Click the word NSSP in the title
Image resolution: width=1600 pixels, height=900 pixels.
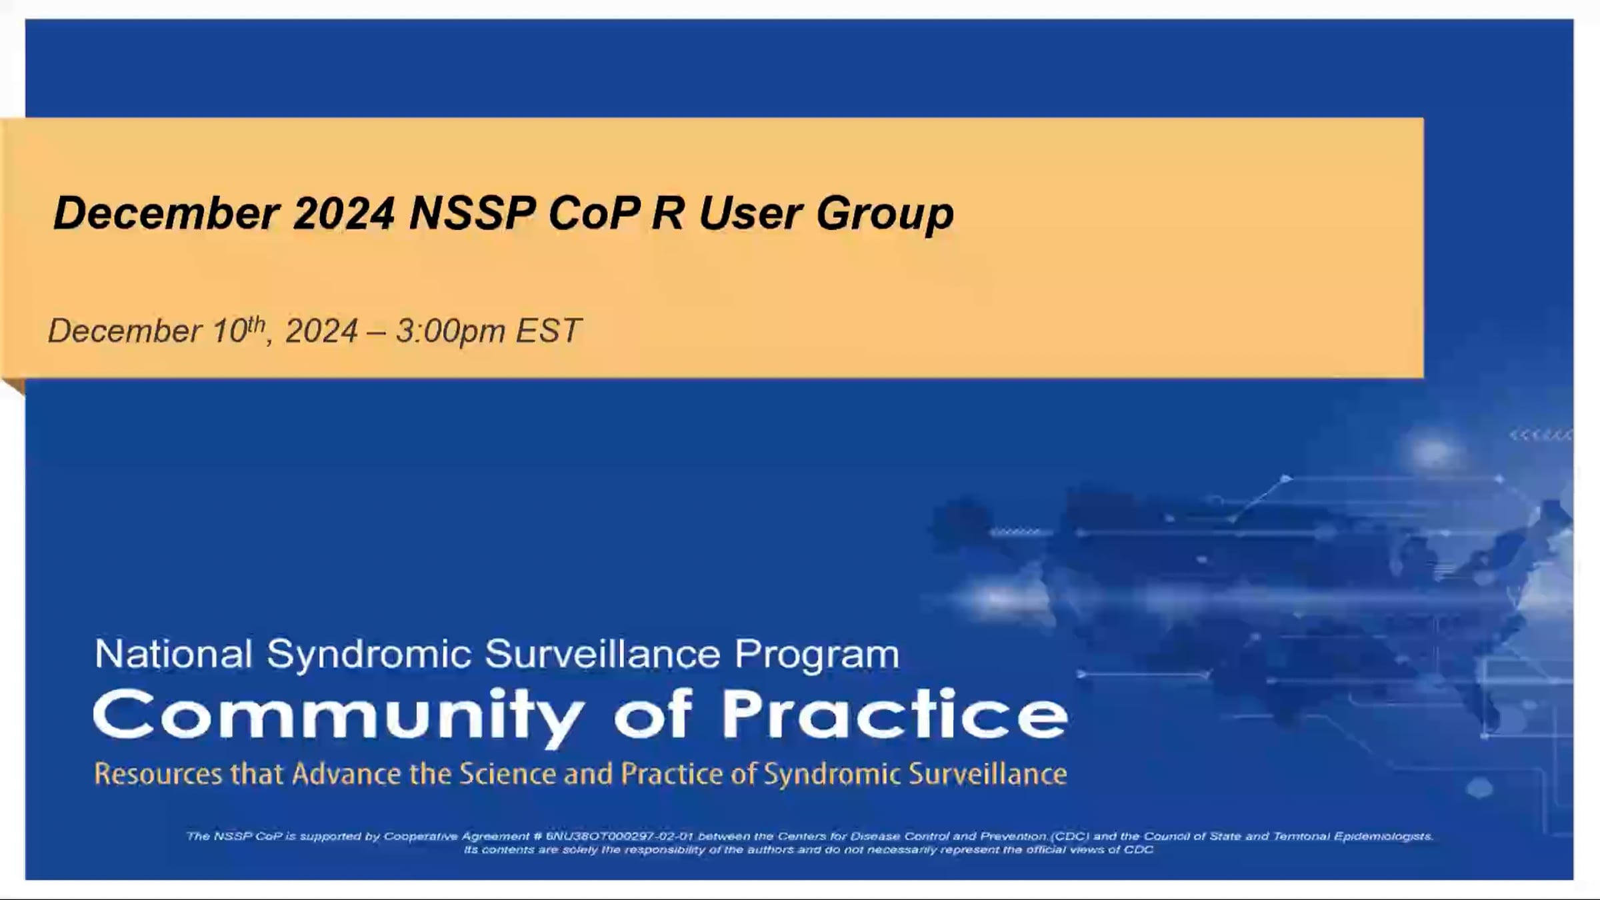472,213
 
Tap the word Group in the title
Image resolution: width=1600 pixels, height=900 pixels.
885,215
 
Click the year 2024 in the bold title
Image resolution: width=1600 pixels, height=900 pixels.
344,213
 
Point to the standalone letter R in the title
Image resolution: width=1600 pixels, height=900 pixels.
668,213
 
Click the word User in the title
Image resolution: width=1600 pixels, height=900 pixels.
750,213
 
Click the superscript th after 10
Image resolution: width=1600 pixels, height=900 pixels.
257,323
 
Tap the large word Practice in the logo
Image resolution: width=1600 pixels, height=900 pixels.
895,715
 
